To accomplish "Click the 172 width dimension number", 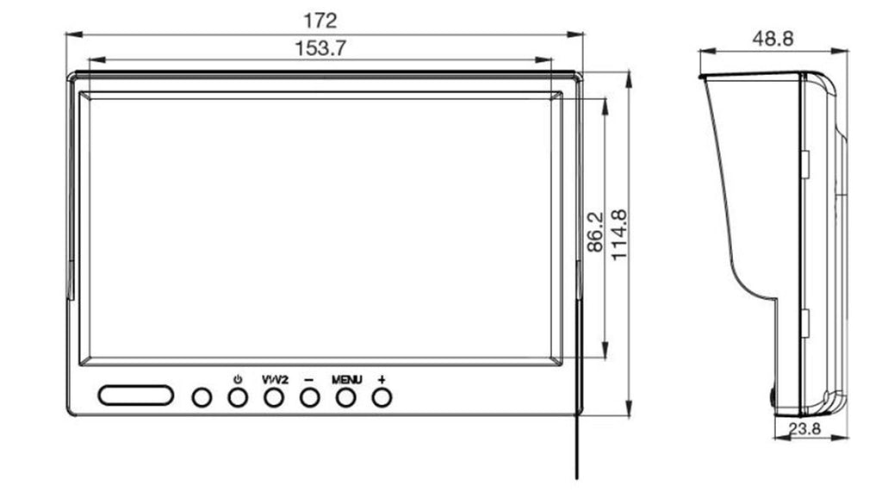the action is pos(320,21).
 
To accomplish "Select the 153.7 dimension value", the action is pos(320,48).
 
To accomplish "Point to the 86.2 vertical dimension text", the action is pos(594,232).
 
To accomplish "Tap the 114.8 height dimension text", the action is pos(618,234).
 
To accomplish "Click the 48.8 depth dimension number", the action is pos(773,39).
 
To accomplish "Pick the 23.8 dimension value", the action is pos(804,428).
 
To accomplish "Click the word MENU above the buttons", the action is pos(346,380).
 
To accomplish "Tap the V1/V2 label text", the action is pos(275,380).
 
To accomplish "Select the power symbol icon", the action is pos(238,379).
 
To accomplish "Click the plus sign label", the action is pos(382,379).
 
